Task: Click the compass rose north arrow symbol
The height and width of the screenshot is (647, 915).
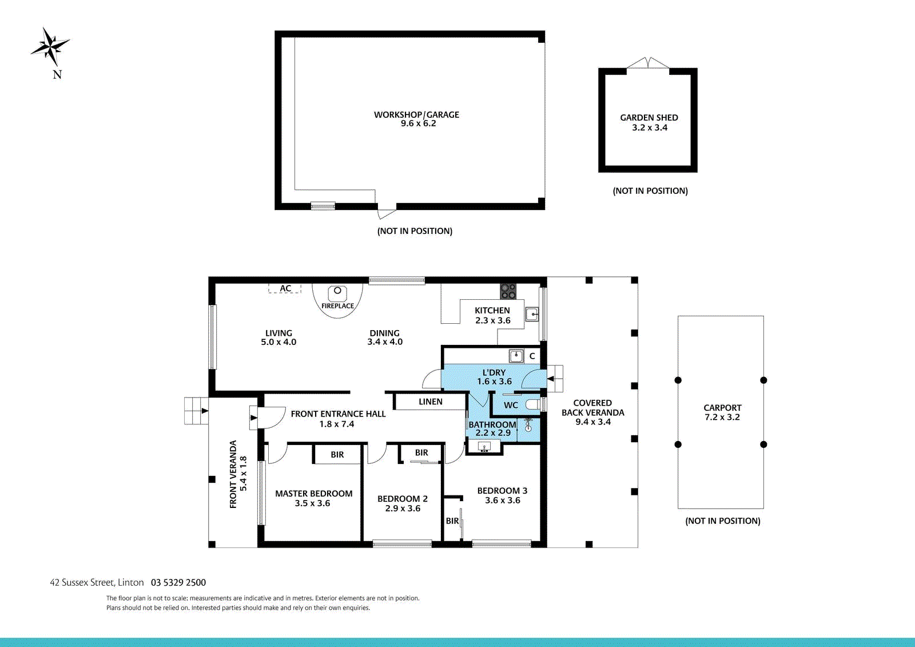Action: click(x=50, y=46)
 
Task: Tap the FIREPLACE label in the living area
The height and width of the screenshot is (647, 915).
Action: click(x=337, y=306)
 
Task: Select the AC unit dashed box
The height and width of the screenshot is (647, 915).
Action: click(x=285, y=289)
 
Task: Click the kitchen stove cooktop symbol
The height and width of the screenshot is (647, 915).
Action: click(x=508, y=291)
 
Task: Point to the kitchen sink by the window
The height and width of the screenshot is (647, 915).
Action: click(x=532, y=314)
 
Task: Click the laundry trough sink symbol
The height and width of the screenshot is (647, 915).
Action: click(x=516, y=356)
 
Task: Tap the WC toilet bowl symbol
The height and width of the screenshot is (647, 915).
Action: click(x=532, y=405)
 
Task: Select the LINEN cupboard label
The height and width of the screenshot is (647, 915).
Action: click(x=430, y=402)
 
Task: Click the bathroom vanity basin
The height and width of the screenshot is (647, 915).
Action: click(x=484, y=447)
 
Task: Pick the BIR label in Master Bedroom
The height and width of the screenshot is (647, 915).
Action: click(x=337, y=455)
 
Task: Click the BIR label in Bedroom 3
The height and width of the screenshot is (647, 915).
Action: click(x=452, y=521)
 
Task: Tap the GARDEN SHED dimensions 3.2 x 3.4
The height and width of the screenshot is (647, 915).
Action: click(x=649, y=128)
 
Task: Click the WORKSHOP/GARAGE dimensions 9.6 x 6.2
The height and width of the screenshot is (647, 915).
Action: click(x=418, y=124)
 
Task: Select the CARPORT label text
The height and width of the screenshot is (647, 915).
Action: click(x=722, y=408)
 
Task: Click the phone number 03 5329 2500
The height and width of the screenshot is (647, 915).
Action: click(x=178, y=582)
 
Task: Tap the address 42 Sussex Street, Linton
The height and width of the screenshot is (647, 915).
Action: click(x=97, y=582)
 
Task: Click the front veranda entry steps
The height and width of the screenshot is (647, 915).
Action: click(x=196, y=411)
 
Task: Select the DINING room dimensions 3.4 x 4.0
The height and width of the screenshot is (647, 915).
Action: click(x=384, y=342)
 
